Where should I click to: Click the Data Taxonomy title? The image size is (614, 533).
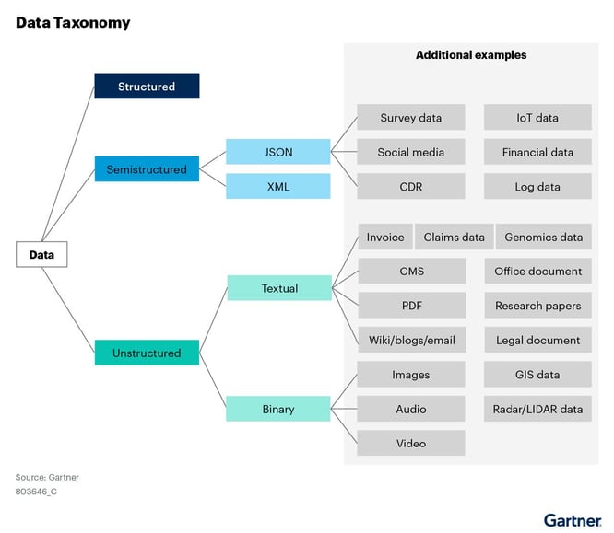pos(73,22)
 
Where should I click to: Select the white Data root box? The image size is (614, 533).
pos(41,254)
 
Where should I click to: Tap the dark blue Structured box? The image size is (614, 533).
pos(147,87)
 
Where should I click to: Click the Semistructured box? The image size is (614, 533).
pos(147,169)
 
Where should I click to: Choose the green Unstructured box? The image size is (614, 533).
pos(147,353)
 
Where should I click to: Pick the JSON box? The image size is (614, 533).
pos(277,152)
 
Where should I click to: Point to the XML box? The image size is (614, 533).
pos(277,187)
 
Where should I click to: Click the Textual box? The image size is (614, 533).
pos(278,288)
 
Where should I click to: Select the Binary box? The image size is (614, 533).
pos(277,409)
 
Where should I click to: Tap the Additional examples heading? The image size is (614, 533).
pos(471,55)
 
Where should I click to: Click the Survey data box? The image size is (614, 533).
pos(410,118)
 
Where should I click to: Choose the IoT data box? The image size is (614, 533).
pos(537,118)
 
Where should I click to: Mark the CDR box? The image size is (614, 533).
pos(410,187)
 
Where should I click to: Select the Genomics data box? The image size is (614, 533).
pos(544,237)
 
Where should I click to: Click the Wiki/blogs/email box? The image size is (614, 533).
pos(410,340)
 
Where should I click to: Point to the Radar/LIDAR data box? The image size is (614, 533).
pos(537,409)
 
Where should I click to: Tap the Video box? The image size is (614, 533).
pos(410,443)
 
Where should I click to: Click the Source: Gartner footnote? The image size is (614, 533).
pos(47,477)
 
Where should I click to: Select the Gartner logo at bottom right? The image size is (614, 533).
pos(572,520)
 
